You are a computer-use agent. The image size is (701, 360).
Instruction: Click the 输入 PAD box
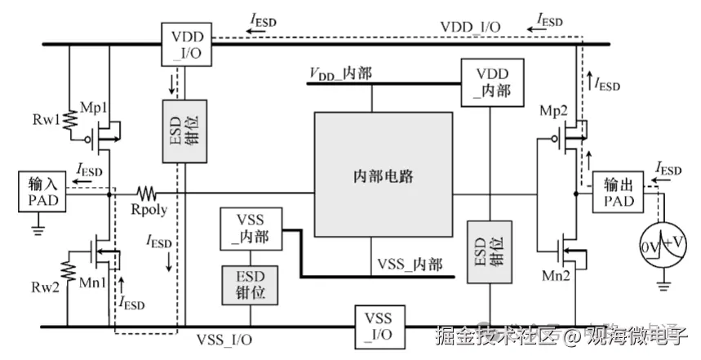[39, 193]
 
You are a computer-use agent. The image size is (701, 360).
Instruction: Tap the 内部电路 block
[383, 176]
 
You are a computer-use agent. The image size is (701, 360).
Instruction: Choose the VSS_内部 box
[251, 229]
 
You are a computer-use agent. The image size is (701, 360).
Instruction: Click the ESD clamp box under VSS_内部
[251, 282]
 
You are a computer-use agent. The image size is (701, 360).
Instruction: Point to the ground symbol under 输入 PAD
[36, 229]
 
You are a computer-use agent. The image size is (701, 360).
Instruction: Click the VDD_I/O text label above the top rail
[471, 25]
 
